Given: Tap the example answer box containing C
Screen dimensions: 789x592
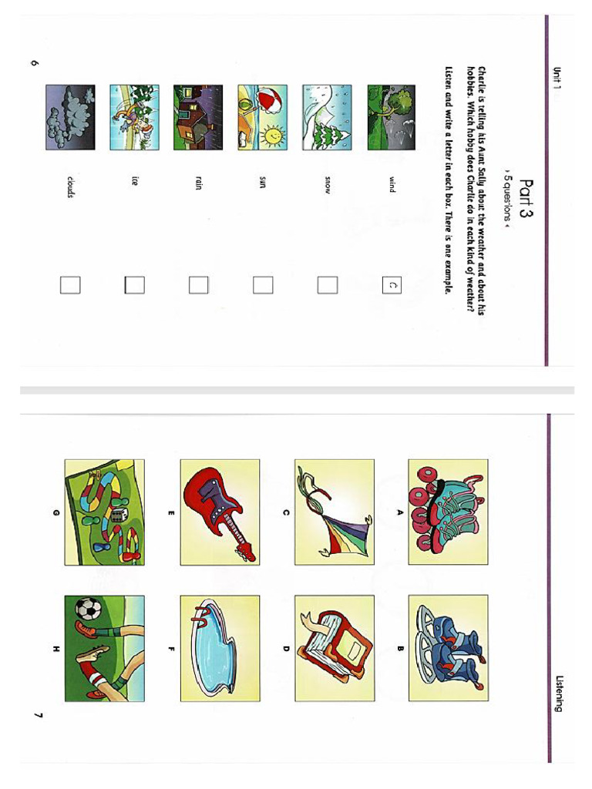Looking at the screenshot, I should tap(391, 285).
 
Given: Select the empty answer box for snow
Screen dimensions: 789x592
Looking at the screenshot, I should tap(327, 285).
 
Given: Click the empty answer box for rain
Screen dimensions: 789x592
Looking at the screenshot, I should tap(198, 285).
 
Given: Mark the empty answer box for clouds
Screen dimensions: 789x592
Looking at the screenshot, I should tap(70, 285).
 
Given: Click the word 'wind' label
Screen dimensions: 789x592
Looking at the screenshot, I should tap(392, 185).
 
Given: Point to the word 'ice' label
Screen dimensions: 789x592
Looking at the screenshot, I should tap(135, 183).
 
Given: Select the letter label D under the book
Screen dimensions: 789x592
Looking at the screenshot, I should tap(285, 648).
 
